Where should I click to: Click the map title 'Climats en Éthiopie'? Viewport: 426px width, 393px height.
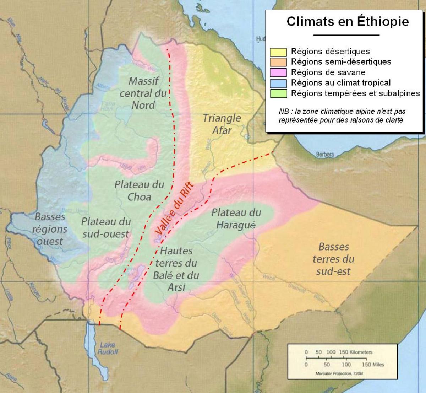tap(348, 21)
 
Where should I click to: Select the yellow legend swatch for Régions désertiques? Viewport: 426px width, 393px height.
tap(278, 52)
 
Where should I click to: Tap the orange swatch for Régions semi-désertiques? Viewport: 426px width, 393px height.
tap(278, 62)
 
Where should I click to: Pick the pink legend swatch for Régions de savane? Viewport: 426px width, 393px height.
tap(278, 73)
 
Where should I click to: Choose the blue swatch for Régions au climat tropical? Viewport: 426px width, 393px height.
tap(278, 83)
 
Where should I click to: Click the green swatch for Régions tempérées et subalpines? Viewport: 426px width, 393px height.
tap(278, 94)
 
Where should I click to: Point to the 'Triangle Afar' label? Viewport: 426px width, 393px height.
tap(222, 124)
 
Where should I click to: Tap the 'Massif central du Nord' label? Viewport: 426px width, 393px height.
tap(143, 93)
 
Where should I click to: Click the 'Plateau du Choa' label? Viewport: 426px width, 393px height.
tap(139, 190)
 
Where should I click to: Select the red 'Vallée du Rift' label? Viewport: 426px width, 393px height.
tap(174, 209)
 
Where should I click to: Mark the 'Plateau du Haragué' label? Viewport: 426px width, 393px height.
tap(236, 219)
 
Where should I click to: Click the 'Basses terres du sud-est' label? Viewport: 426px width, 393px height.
tap(333, 259)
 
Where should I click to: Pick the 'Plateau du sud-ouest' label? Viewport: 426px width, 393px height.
tap(106, 227)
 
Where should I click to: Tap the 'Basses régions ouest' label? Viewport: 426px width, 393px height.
tap(50, 229)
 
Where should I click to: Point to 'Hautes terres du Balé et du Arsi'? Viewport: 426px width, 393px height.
tap(176, 269)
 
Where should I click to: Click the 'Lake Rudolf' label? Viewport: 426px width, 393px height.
tap(108, 348)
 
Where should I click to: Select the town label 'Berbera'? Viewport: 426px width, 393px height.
tap(325, 155)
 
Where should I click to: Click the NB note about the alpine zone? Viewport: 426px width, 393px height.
tap(341, 115)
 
